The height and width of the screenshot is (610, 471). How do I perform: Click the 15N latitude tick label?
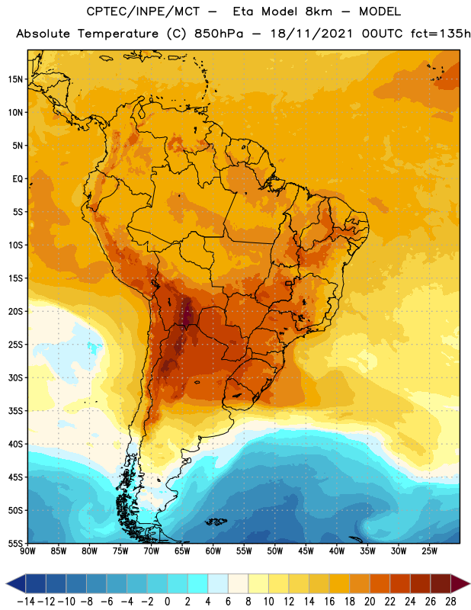click(15, 79)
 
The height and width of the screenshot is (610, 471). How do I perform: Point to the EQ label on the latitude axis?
click(18, 179)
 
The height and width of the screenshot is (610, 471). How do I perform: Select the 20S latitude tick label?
click(15, 312)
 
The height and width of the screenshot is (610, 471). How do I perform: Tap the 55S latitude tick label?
click(15, 543)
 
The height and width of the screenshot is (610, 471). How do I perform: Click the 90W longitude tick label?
click(28, 551)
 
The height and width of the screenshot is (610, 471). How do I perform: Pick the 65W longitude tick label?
click(182, 551)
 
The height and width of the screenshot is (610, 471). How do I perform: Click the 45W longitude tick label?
click(306, 551)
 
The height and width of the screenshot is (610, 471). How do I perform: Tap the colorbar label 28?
click(450, 602)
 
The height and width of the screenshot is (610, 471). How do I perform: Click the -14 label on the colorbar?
click(26, 602)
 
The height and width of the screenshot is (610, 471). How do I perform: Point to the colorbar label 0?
click(167, 602)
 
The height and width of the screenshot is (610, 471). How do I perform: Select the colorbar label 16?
click(329, 602)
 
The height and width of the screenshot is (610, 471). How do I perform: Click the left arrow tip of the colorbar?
click(6, 583)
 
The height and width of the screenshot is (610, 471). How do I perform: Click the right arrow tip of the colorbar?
click(469, 583)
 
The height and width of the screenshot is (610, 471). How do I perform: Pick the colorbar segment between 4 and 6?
click(218, 583)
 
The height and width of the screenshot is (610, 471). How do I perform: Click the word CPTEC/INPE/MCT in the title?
click(143, 11)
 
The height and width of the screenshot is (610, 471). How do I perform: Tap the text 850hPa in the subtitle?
click(219, 34)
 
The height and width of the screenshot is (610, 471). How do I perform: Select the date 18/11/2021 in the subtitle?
click(312, 34)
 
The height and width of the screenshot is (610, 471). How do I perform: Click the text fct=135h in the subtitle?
click(441, 34)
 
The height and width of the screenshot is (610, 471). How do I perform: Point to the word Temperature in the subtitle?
click(117, 34)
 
